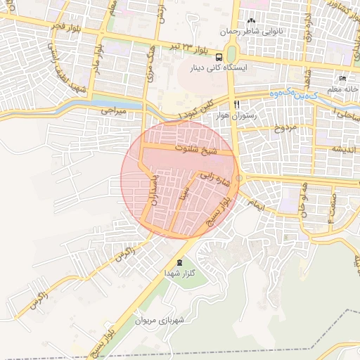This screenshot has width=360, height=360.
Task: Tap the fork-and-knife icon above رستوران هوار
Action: tap(246, 103)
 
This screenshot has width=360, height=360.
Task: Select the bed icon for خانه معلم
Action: tap(342, 78)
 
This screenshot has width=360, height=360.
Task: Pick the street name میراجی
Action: tap(112, 111)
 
